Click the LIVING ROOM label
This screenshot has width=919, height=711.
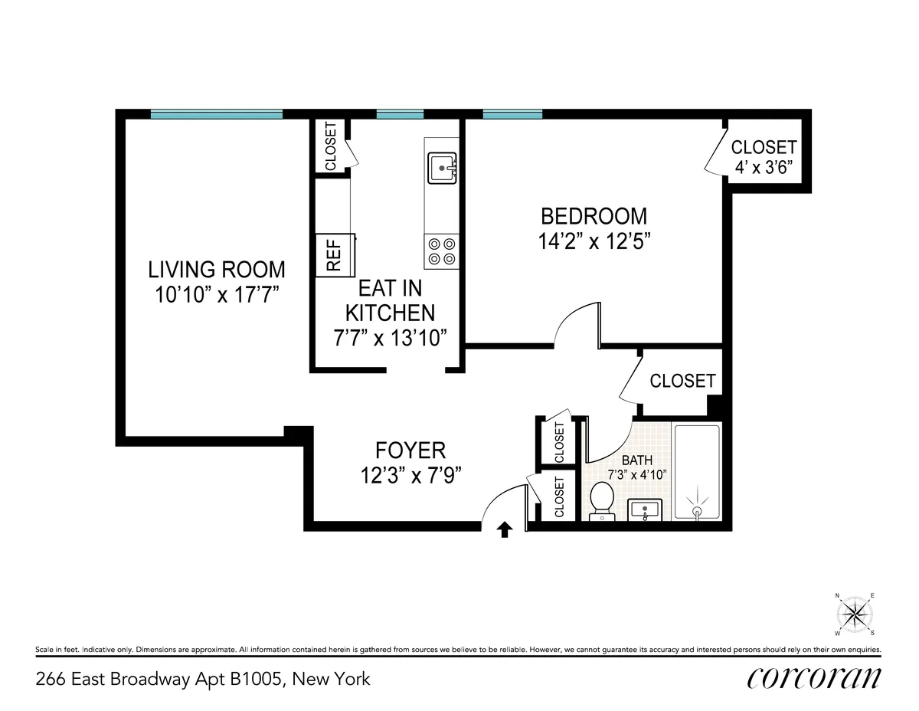[x=217, y=270]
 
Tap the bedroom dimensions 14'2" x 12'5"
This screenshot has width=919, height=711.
[x=594, y=241]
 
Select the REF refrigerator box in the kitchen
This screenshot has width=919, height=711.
[x=335, y=254]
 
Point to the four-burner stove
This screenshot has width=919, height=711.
[x=442, y=251]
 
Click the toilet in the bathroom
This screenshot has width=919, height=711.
[x=602, y=501]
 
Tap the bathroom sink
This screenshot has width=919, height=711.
[x=649, y=509]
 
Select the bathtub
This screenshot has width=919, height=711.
[x=696, y=472]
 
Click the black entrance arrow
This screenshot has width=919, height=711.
[x=505, y=530]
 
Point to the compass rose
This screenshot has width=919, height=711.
[x=855, y=614]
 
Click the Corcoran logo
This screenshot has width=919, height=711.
[x=813, y=677]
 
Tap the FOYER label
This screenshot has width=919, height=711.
[x=410, y=450]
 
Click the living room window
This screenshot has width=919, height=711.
[x=217, y=114]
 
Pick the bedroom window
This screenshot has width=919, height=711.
[x=512, y=114]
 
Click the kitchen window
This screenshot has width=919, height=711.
[x=400, y=114]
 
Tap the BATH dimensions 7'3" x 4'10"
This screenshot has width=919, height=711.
[x=636, y=474]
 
